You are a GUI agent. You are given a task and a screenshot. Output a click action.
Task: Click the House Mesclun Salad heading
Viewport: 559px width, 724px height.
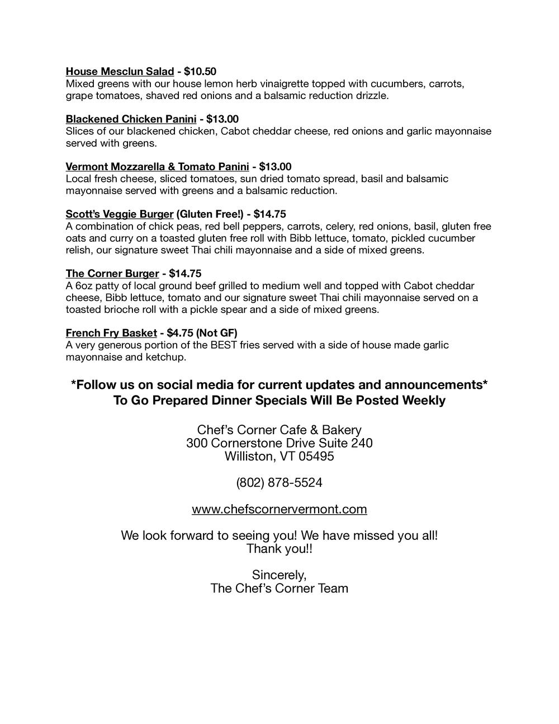click(x=120, y=72)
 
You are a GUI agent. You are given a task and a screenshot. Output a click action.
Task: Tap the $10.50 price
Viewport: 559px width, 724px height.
click(x=200, y=72)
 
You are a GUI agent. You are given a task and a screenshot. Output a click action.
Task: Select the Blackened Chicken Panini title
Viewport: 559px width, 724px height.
click(x=131, y=119)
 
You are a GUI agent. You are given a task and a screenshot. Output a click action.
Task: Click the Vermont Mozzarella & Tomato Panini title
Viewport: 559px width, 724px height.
click(x=157, y=167)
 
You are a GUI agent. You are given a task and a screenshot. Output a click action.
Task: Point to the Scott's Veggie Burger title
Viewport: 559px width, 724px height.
click(x=119, y=214)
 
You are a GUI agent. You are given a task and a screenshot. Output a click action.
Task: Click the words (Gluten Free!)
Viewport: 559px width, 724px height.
click(x=210, y=214)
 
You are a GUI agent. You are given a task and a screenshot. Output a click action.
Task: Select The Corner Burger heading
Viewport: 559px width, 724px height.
click(x=112, y=274)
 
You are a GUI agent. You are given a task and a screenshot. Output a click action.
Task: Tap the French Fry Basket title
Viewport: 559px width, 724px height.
click(x=111, y=333)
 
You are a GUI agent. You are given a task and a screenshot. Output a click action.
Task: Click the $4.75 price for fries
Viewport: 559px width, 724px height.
click(x=179, y=333)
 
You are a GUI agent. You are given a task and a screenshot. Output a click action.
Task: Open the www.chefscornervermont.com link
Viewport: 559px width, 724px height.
click(x=279, y=510)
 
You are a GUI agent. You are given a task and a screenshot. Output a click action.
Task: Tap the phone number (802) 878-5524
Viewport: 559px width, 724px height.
click(x=279, y=483)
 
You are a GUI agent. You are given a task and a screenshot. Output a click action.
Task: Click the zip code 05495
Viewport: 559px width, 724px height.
click(x=316, y=457)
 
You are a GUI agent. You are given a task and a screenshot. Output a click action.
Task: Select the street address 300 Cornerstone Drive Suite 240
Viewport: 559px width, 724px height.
click(x=279, y=444)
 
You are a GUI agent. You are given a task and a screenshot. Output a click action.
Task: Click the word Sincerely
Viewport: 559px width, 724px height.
click(x=279, y=575)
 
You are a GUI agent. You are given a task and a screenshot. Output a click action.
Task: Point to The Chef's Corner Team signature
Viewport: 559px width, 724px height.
click(x=279, y=589)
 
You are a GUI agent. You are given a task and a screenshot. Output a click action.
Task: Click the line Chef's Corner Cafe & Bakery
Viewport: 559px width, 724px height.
click(x=279, y=430)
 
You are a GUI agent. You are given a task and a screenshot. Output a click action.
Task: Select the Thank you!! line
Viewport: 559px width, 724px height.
click(x=279, y=549)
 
